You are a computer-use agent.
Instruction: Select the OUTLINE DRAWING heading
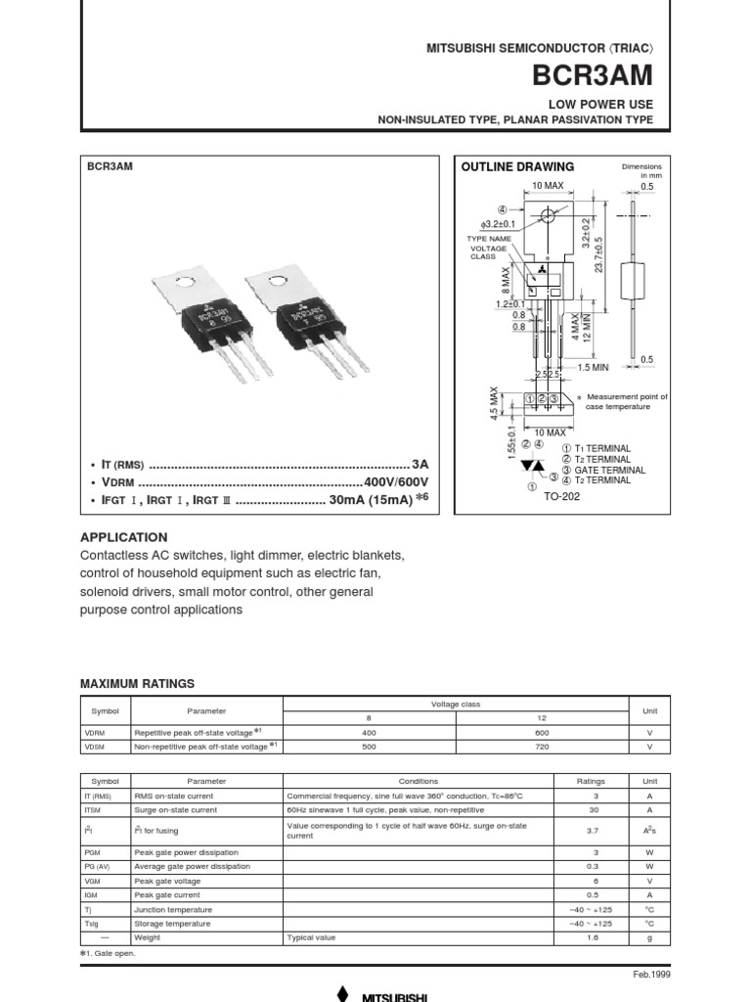click(517, 166)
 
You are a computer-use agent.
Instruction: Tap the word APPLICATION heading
click(123, 537)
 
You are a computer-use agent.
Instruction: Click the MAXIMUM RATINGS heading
click(137, 683)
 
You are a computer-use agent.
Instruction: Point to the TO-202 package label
click(561, 496)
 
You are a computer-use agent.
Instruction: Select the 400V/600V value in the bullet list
click(396, 483)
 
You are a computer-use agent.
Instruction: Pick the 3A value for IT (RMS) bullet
click(420, 464)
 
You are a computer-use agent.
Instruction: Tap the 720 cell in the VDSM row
click(542, 746)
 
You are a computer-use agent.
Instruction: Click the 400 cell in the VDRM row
click(369, 732)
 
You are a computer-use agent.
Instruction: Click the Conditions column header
click(418, 782)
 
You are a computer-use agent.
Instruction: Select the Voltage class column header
click(455, 705)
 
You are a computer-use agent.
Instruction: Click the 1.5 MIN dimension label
click(595, 367)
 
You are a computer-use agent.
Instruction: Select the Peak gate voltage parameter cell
click(166, 881)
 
